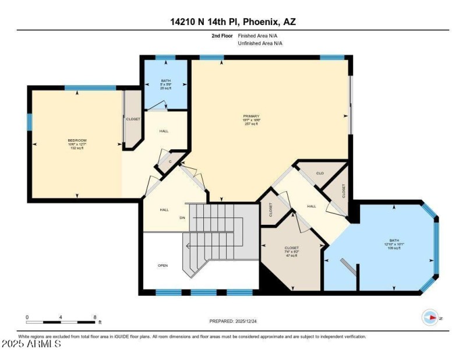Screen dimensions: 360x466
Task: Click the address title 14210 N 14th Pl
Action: [232, 22]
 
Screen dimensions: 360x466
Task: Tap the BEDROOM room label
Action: [77, 140]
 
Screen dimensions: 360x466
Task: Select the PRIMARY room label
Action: [252, 116]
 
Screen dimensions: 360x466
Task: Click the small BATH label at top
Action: [166, 81]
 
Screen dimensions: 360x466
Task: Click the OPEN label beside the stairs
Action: [163, 266]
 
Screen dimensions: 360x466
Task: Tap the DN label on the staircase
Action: [182, 218]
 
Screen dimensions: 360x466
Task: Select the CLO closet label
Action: [320, 173]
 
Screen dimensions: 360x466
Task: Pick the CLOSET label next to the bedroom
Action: [133, 119]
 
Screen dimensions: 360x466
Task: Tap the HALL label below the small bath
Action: [164, 131]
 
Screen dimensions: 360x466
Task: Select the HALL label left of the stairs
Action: [164, 210]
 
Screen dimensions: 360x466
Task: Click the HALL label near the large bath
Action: [312, 206]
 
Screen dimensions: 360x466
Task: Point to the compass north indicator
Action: [431, 317]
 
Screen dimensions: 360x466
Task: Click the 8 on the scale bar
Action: [95, 317]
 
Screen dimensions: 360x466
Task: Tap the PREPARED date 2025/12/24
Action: [232, 321]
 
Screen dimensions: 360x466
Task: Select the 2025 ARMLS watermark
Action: [31, 345]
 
